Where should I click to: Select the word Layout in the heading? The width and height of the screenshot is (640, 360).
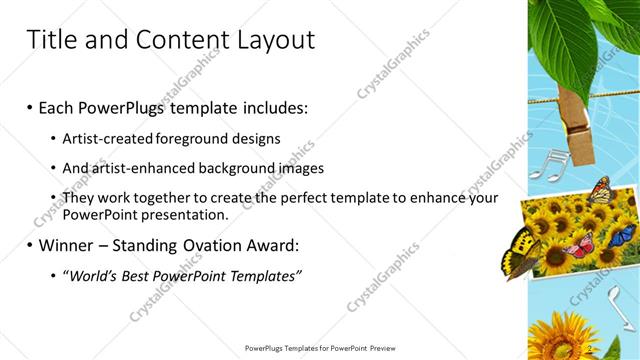point(274,40)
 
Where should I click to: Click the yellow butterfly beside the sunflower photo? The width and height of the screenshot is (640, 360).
point(520,250)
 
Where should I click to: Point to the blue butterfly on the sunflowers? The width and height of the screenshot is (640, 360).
point(621,236)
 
